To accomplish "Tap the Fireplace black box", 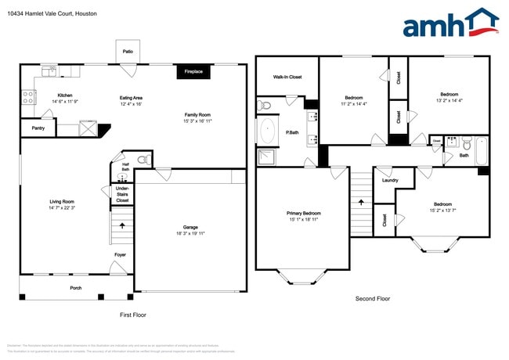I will click(193, 72).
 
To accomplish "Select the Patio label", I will click(128, 52).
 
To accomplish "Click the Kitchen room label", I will click(65, 95).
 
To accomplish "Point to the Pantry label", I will click(38, 128).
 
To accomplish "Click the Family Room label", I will click(198, 115).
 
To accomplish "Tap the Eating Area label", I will click(131, 98).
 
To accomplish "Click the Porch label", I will click(76, 287).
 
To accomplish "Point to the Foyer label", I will click(120, 254).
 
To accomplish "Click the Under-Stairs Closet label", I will click(122, 194).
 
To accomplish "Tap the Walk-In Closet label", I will click(286, 77).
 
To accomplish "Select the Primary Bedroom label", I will click(303, 213).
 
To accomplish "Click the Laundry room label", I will click(390, 180).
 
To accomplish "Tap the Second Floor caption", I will click(373, 298).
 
